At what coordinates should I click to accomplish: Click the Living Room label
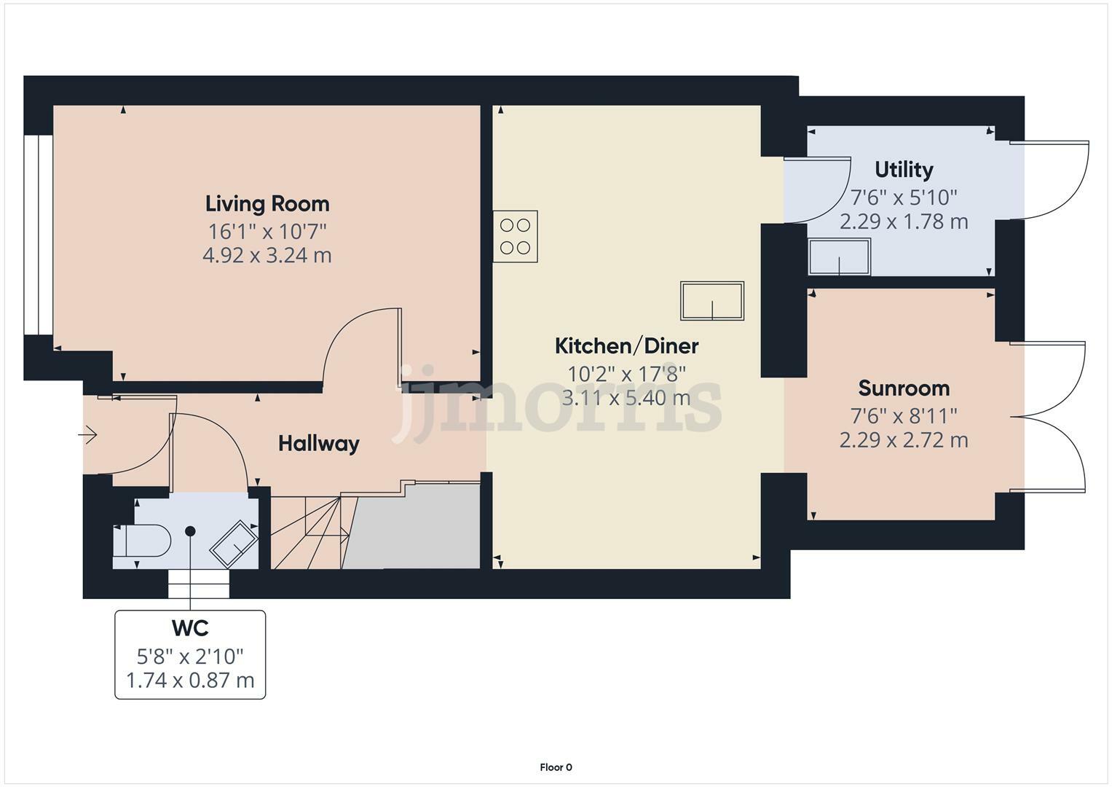pos(267,204)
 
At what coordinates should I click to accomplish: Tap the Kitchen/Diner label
pos(626,346)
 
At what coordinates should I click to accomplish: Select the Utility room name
pos(904,170)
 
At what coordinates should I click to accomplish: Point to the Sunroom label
pos(904,388)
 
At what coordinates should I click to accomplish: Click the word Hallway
pos(319,444)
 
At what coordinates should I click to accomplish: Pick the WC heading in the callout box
pos(190,628)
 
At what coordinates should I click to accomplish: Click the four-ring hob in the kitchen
pos(516,237)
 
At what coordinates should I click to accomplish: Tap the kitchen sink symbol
pos(712,301)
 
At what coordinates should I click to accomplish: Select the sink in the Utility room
pos(840,257)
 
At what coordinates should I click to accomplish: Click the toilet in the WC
pos(143,541)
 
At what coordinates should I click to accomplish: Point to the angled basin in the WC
pos(234,544)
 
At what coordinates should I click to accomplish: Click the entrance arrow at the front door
pos(87,435)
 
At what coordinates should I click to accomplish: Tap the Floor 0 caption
pos(556,767)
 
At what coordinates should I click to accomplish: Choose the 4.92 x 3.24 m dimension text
pos(267,256)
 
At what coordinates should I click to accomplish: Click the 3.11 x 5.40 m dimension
pos(626,398)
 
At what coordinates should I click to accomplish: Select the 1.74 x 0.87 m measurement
pos(190,680)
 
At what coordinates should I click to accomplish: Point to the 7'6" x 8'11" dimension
pos(904,416)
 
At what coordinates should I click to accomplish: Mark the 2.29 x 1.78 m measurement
pos(904,222)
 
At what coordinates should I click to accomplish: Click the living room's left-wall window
pos(39,235)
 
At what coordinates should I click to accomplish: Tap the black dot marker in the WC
pos(190,531)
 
